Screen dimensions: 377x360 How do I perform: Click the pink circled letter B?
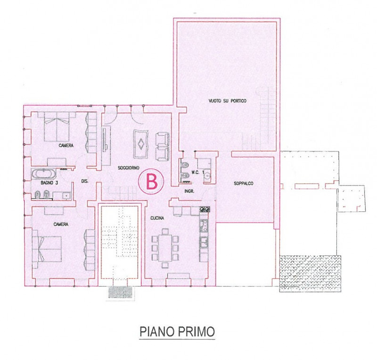click(x=151, y=181)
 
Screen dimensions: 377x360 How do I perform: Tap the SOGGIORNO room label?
click(x=128, y=168)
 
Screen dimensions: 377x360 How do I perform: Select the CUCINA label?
click(x=157, y=218)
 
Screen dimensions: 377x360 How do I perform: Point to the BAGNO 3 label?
click(x=49, y=183)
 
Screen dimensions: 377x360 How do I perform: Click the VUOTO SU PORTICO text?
click(x=228, y=101)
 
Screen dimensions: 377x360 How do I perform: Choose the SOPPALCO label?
click(x=244, y=184)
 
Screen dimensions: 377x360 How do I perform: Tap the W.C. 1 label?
click(x=198, y=172)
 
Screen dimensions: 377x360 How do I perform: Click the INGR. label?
click(x=189, y=192)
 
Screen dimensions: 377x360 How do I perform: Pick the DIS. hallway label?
click(x=85, y=181)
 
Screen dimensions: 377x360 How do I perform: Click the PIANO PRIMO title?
click(x=177, y=332)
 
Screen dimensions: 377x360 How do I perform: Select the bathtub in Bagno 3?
click(x=44, y=174)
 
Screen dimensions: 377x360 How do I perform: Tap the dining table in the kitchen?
click(x=165, y=248)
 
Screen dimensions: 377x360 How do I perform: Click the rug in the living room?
click(x=140, y=144)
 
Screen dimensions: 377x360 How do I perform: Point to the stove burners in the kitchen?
click(x=205, y=209)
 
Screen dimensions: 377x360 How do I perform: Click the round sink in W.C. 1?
click(x=207, y=176)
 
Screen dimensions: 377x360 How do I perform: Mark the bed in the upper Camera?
click(x=57, y=127)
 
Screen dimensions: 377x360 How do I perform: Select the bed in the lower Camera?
click(x=47, y=249)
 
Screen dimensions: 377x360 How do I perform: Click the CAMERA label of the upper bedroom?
click(x=66, y=145)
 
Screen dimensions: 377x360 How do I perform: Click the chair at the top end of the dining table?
click(x=165, y=231)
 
